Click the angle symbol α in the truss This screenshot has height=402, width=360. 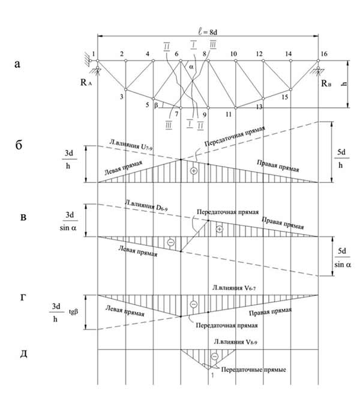tap(191, 68)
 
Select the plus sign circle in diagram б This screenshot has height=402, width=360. tap(193, 171)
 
